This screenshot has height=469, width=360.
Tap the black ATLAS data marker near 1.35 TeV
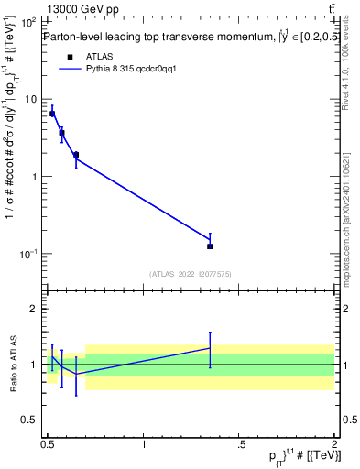[x=210, y=246]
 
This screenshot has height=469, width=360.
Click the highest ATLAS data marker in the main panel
[x=52, y=114]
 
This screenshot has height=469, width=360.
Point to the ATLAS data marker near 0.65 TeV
[x=76, y=155]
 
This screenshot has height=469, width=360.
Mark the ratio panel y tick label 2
[x=35, y=309]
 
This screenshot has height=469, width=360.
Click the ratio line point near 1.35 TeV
[x=210, y=348]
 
